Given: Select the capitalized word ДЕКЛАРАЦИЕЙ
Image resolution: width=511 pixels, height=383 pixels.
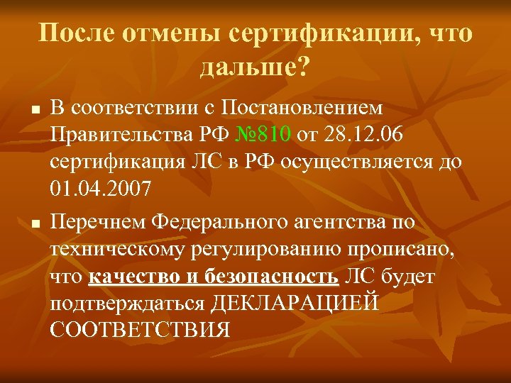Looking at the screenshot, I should pos(295,303).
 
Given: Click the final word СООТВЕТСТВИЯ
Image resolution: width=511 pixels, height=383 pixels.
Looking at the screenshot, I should pos(141,330).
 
